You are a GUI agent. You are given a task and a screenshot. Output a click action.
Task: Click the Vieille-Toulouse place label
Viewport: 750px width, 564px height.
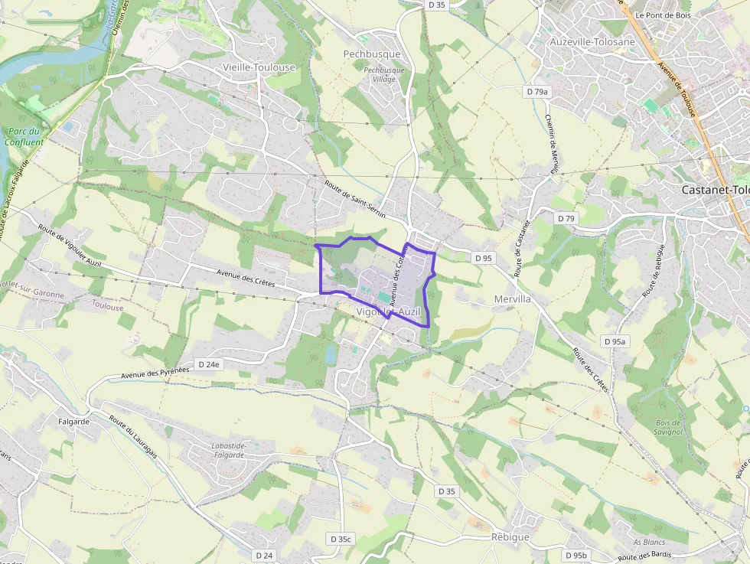click(x=259, y=67)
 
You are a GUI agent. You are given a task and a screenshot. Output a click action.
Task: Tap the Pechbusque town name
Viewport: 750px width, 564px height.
click(x=372, y=54)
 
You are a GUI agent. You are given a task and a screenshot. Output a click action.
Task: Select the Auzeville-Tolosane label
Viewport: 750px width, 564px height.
click(x=592, y=41)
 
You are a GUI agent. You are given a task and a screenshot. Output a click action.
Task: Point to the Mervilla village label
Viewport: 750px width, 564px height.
click(x=513, y=299)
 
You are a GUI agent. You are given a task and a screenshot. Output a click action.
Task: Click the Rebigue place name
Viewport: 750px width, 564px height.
click(x=510, y=537)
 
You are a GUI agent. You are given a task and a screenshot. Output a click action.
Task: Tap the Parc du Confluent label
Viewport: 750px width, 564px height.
click(x=23, y=136)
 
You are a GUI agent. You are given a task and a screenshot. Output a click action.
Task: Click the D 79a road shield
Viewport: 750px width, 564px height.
click(x=537, y=92)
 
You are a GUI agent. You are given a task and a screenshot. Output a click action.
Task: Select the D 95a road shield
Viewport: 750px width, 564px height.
click(x=615, y=342)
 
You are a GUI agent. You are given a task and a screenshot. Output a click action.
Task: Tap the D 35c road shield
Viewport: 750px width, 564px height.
click(x=341, y=539)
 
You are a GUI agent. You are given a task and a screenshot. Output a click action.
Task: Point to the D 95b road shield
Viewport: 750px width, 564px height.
click(x=576, y=555)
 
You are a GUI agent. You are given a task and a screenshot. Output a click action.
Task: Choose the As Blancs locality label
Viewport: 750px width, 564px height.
click(x=648, y=543)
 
